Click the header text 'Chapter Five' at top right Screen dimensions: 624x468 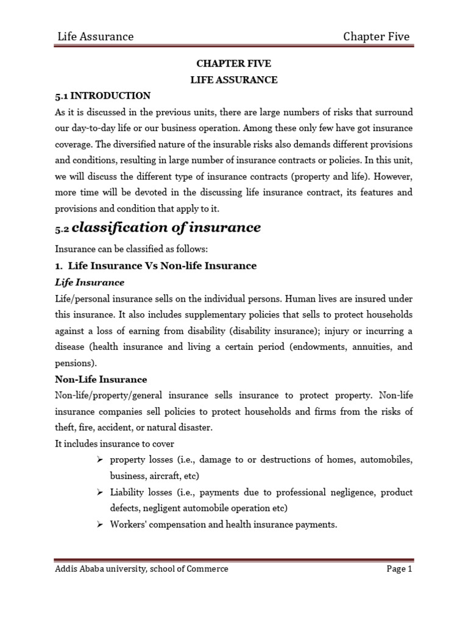point(376,37)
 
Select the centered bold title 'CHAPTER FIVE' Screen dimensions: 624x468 point(234,64)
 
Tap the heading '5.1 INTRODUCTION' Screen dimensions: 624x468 point(103,96)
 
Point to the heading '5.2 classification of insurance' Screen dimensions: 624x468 point(158,228)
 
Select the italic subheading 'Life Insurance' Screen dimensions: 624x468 point(90,282)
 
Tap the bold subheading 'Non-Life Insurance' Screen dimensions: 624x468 point(101,379)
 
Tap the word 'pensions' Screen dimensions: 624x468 point(75,363)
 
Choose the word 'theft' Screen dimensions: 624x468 point(65,427)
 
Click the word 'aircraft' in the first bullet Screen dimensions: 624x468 point(163,475)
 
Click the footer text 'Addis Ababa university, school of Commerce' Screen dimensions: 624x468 point(142,569)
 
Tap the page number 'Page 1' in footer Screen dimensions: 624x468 point(399,569)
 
